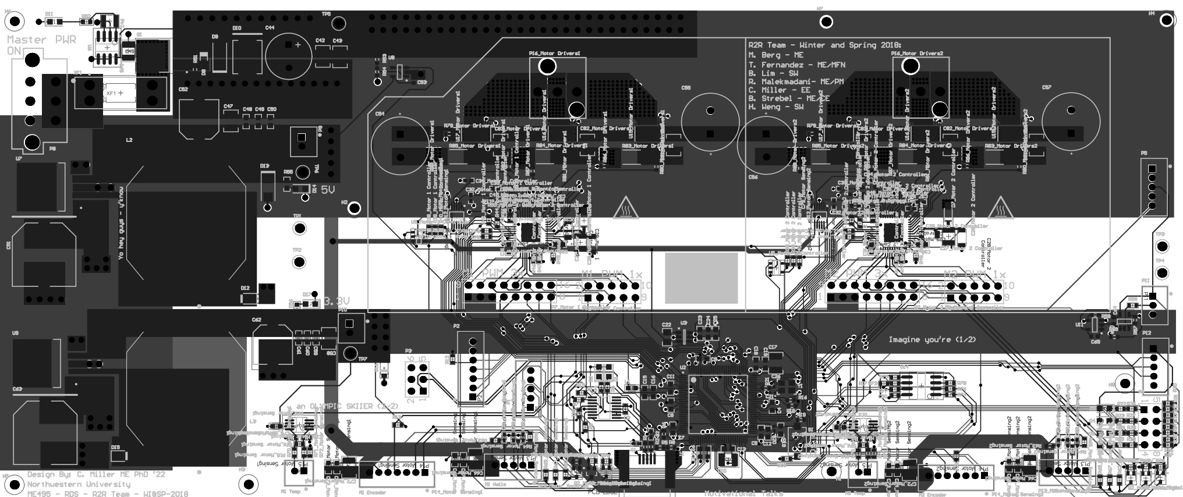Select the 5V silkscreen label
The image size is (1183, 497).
(328, 190)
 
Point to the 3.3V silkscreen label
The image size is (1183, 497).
(337, 301)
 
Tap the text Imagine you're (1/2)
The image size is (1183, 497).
(932, 339)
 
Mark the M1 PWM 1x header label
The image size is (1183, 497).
(612, 274)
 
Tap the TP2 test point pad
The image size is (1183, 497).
(299, 262)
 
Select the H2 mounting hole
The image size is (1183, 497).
(354, 208)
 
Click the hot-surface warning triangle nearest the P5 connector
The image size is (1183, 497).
(1000, 207)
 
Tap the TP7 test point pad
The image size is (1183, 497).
(350, 353)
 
